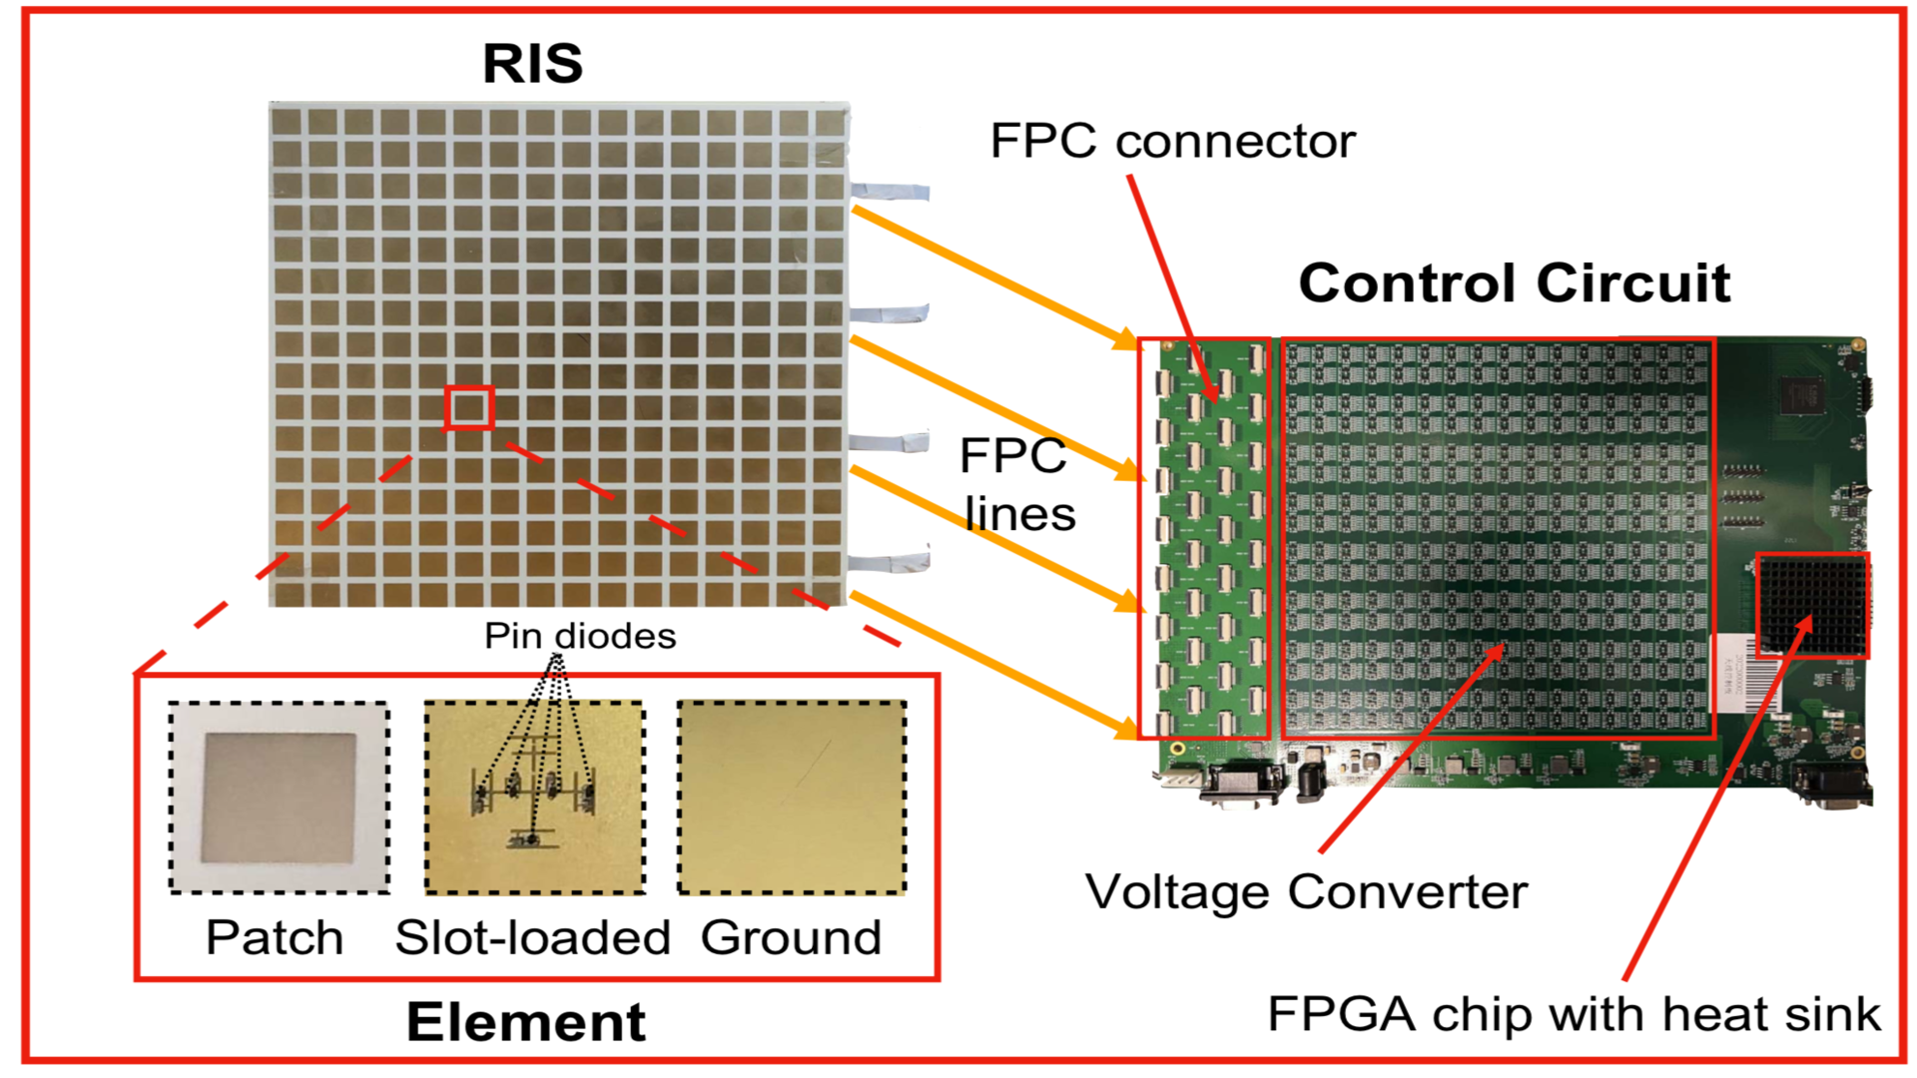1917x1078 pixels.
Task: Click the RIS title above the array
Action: [532, 64]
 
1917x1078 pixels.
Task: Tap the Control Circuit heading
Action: [1514, 283]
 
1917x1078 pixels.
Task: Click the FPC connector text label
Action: [1172, 142]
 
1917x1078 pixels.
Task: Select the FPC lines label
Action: [1016, 485]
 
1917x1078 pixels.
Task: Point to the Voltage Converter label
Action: [1306, 891]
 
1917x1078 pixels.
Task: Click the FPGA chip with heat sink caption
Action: [1573, 1015]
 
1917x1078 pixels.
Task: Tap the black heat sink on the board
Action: [1812, 605]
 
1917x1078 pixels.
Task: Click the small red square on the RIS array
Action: [469, 407]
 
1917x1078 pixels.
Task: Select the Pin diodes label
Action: [580, 636]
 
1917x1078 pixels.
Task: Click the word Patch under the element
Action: [275, 938]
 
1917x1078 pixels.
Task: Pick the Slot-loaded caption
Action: [532, 938]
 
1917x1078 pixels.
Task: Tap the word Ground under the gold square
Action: [791, 938]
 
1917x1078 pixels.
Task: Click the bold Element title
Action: [526, 1023]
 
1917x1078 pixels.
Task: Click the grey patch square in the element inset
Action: [279, 798]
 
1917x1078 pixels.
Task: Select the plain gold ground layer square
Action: [792, 797]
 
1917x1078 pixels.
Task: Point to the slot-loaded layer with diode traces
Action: [534, 797]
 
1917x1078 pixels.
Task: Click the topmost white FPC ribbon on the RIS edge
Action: [890, 191]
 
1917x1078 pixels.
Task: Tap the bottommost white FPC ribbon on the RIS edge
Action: [890, 561]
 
